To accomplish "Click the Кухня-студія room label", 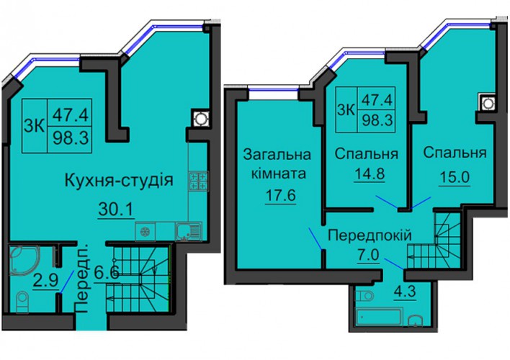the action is [x=119, y=181].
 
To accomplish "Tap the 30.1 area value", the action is [x=116, y=210].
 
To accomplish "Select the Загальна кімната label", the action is [x=277, y=164].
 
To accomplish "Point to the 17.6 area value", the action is [x=280, y=196].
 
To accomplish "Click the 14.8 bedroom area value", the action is [x=369, y=174].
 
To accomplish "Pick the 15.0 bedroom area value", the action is [x=455, y=178].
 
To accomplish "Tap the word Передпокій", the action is [x=370, y=235].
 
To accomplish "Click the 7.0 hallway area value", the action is [x=368, y=256].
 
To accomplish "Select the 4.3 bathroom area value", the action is [x=406, y=292].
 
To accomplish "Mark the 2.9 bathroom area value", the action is [x=45, y=280].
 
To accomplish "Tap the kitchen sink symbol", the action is [x=188, y=231].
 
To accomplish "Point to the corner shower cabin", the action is [x=24, y=259].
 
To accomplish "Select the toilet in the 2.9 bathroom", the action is [x=22, y=302].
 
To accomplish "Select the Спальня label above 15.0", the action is [x=455, y=153].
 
